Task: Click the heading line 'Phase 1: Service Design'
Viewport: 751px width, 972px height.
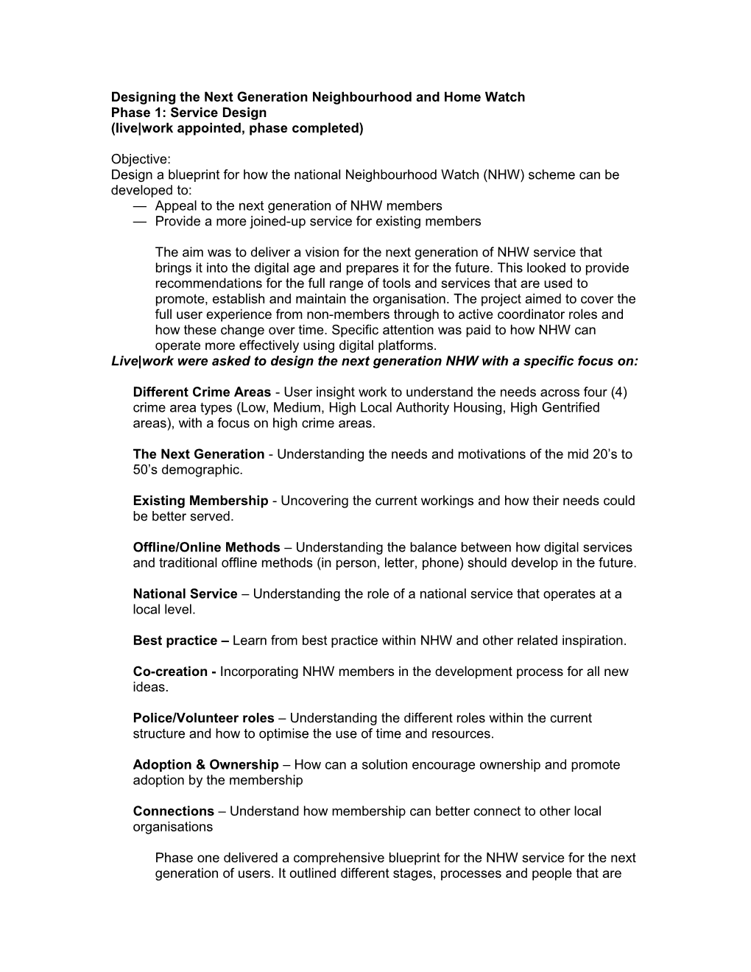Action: coord(188,113)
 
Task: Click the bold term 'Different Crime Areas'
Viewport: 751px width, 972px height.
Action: coord(202,392)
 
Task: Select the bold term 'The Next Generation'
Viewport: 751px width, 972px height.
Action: coord(198,454)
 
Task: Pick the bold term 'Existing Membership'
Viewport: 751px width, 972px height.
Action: coord(200,501)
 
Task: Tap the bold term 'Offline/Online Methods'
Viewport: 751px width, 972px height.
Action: coord(206,548)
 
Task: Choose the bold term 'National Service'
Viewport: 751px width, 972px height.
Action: coord(185,594)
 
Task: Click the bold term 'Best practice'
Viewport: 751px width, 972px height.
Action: coord(175,641)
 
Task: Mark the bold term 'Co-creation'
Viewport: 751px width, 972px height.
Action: coord(170,672)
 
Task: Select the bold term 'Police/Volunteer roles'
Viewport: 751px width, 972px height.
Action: coord(203,718)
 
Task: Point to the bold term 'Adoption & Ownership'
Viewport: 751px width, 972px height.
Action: coord(205,765)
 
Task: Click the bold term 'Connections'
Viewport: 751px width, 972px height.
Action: coord(173,811)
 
